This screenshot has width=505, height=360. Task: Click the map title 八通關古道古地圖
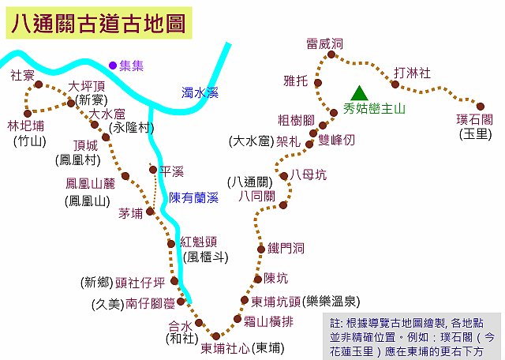click(99, 23)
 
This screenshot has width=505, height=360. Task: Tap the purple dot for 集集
click(112, 66)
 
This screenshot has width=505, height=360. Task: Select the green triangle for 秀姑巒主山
click(359, 93)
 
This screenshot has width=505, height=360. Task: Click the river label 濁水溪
click(200, 93)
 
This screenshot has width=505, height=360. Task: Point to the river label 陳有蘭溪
click(193, 197)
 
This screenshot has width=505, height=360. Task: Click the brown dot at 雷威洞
click(331, 54)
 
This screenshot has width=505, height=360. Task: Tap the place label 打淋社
click(412, 73)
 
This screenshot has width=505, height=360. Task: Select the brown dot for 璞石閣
click(481, 106)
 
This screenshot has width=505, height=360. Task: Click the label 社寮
click(22, 76)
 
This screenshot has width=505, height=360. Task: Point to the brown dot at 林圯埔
click(28, 114)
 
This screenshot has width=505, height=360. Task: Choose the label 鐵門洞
click(286, 249)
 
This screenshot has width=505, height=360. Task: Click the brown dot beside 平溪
click(153, 170)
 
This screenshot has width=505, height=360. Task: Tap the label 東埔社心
click(225, 348)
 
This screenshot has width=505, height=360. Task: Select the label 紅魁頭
click(198, 242)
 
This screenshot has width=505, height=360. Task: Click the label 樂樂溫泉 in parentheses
click(331, 302)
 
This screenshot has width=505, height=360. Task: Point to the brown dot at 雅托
click(318, 83)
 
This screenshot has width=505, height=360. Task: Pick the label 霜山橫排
click(268, 321)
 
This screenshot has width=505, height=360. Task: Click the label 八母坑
click(309, 175)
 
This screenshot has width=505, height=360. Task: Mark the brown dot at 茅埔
click(150, 212)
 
